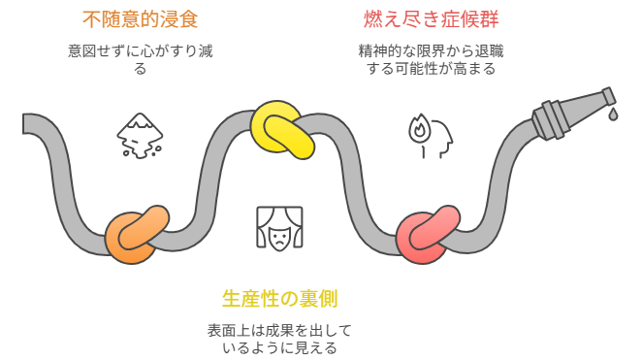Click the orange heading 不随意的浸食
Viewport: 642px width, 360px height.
pyautogui.click(x=141, y=18)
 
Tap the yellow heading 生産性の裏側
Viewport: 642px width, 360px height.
pyautogui.click(x=279, y=298)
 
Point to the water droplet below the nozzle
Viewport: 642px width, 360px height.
pyautogui.click(x=612, y=115)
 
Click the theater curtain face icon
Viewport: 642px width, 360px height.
pyautogui.click(x=279, y=229)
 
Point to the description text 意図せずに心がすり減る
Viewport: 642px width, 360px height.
pyautogui.click(x=141, y=59)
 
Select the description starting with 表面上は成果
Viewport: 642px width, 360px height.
pyautogui.click(x=279, y=338)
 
